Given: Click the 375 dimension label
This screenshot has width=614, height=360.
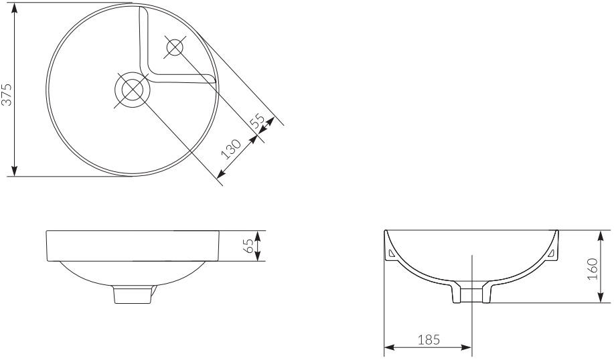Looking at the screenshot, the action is [7, 94].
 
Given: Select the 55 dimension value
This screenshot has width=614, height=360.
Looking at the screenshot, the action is [258, 121].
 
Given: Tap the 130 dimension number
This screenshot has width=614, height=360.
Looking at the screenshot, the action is [230, 149].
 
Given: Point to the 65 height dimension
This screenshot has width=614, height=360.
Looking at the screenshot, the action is [248, 246].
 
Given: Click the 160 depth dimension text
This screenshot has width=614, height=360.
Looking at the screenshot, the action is [592, 268].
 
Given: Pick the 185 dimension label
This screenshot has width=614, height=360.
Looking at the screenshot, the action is [429, 339].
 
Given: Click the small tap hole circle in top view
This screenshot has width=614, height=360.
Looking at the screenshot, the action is [175, 48].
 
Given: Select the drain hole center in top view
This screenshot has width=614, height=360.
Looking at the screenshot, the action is [131, 90].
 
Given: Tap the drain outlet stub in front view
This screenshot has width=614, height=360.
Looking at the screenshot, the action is [133, 294].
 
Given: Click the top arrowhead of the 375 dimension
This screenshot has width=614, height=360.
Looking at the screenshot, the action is [15, 8].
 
